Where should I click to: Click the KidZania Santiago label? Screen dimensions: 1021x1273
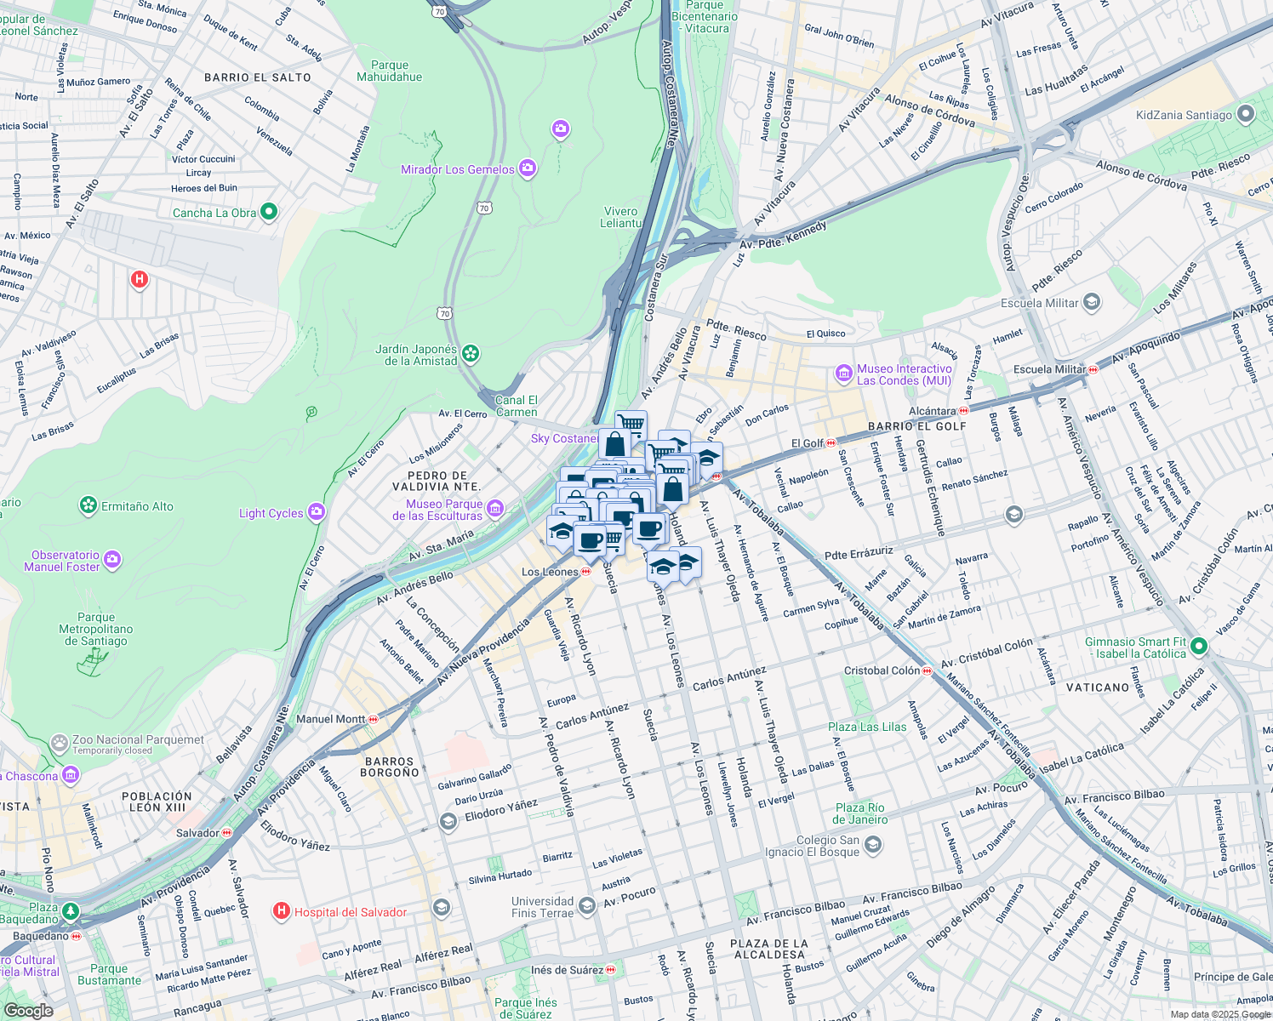click(x=1184, y=115)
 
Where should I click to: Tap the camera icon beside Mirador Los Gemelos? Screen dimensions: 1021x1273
click(x=528, y=168)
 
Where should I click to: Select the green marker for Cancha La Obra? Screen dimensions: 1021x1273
click(x=269, y=212)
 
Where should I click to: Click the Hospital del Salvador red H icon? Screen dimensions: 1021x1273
click(x=281, y=912)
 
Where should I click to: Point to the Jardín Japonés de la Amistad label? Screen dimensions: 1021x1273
click(x=417, y=355)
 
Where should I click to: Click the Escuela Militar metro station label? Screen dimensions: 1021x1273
click(x=1050, y=369)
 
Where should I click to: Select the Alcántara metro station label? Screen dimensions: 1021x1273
click(x=933, y=411)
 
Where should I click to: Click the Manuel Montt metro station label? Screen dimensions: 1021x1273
click(x=331, y=719)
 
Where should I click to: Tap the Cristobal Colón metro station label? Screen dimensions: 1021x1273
click(x=882, y=670)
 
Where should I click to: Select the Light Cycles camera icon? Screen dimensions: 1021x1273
click(x=317, y=511)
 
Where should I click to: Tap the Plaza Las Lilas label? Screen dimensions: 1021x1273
click(x=867, y=727)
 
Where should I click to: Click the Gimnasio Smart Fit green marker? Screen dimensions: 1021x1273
click(x=1199, y=647)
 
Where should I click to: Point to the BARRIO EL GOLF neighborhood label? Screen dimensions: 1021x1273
click(x=917, y=426)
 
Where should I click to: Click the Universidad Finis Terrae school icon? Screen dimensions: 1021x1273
click(x=586, y=906)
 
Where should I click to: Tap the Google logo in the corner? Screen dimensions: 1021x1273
click(x=28, y=1010)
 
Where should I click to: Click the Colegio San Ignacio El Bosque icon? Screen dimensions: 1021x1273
click(x=872, y=845)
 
